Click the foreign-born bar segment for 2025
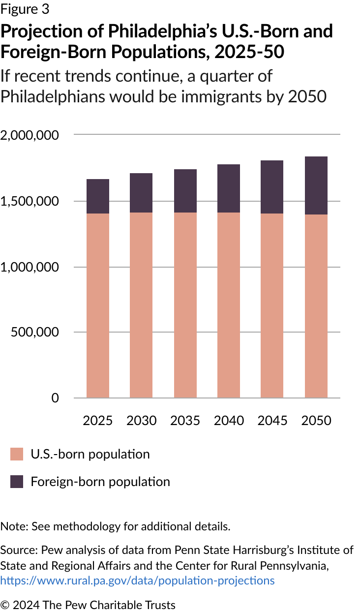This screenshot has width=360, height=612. pos(98,196)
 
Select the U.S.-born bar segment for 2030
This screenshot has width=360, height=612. pos(141,305)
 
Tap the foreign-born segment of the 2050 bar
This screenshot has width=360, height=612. pos(316,185)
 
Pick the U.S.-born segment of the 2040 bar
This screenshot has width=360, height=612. pos(229,305)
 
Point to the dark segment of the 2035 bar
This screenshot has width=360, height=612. pos(185,191)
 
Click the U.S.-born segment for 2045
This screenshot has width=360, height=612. pos(272,306)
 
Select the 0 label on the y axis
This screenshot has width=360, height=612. pos(55,398)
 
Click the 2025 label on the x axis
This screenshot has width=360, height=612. pos(98,421)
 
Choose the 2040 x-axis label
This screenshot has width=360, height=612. pos(229,421)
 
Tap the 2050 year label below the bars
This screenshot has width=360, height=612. pos(316,421)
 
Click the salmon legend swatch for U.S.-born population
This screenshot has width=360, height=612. pos(17,454)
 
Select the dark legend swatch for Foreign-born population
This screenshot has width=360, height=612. pos(17,482)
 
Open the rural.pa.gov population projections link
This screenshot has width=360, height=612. pos(137,581)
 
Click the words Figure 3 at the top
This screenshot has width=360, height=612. pos(25,9)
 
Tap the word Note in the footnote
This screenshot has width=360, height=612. pos(13,526)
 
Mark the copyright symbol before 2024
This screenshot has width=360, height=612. pos(5,605)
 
